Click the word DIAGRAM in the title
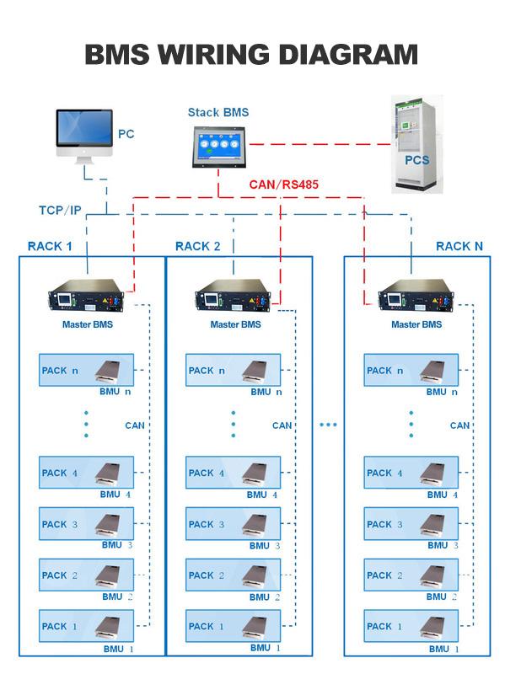coord(348,55)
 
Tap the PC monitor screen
coord(84,128)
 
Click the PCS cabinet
coord(416,144)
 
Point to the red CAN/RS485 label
coord(283,185)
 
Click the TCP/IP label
coord(60,210)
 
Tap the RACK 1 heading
coord(50,246)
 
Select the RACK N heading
coord(459,246)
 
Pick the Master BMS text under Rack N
coord(416,324)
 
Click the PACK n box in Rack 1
coord(86,370)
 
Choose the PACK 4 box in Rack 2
coord(233,473)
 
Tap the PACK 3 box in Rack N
coord(411,523)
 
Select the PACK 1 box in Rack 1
coord(86,626)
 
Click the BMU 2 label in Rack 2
coord(265,597)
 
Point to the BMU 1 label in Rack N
coord(443,649)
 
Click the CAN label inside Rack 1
coord(135,425)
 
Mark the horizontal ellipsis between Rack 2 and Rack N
coord(328,425)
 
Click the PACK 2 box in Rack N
coord(411,575)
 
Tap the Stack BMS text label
coord(218,113)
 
